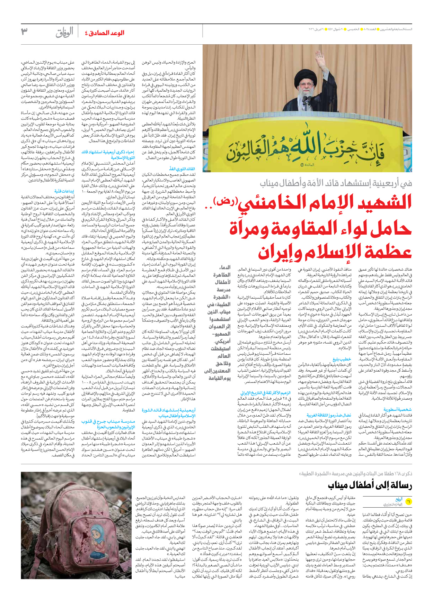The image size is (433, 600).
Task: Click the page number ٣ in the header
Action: [x=24, y=32]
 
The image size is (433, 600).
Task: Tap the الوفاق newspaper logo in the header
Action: [x=64, y=33]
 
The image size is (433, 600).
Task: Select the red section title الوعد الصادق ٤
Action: [x=105, y=33]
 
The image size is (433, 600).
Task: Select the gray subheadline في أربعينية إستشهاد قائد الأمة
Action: [x=336, y=183]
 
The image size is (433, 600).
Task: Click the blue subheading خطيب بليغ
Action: [x=342, y=359]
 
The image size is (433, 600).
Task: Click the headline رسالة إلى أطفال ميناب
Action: [x=370, y=485]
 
